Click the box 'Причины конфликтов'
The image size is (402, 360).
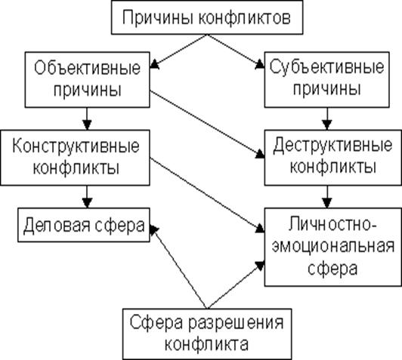point(207,17)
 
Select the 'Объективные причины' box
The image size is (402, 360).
point(87,80)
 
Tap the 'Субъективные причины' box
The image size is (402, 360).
point(327,80)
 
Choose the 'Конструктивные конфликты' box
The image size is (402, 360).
point(75,158)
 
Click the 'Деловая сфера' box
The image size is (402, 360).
point(84,225)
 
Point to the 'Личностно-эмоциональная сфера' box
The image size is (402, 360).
point(333,247)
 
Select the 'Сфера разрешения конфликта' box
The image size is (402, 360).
point(207,334)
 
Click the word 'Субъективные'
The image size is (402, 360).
point(327,68)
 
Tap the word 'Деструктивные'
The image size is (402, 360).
point(332,146)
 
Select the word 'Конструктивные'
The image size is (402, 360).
point(76,146)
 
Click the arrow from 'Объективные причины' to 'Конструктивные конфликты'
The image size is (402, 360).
point(87,118)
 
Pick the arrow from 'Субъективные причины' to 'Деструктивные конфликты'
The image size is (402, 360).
point(327,118)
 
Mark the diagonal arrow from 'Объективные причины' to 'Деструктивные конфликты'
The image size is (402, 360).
point(207,125)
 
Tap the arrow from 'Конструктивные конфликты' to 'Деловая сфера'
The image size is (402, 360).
point(87,197)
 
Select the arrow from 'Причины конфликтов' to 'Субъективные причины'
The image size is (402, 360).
point(236,51)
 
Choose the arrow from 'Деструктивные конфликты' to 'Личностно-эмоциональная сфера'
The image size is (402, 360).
point(327,197)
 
